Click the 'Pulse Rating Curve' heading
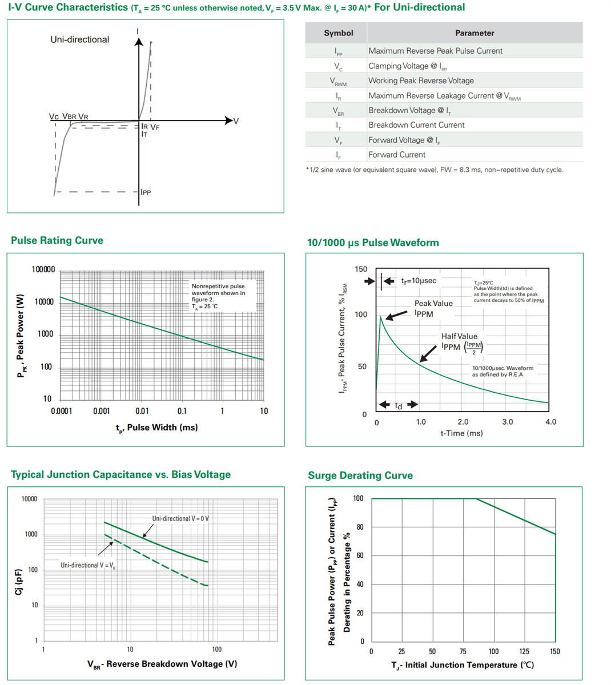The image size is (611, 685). pyautogui.click(x=57, y=240)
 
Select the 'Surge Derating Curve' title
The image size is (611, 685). pyautogui.click(x=360, y=476)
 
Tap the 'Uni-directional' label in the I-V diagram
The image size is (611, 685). pyautogui.click(x=79, y=39)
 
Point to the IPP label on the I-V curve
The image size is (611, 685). pyautogui.click(x=146, y=192)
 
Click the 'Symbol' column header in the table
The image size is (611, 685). pyautogui.click(x=338, y=33)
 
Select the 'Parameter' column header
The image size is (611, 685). pyautogui.click(x=474, y=33)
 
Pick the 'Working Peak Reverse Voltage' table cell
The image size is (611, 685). pyautogui.click(x=421, y=80)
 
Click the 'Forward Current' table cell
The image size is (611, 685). pyautogui.click(x=396, y=155)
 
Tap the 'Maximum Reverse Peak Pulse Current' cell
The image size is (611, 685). pyautogui.click(x=435, y=51)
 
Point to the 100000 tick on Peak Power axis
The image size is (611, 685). pyautogui.click(x=43, y=269)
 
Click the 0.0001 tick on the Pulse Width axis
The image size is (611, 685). pyautogui.click(x=61, y=411)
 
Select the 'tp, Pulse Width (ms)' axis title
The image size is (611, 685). pyautogui.click(x=156, y=428)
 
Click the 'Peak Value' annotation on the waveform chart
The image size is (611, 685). pyautogui.click(x=433, y=303)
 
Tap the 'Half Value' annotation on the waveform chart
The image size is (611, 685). pyautogui.click(x=459, y=336)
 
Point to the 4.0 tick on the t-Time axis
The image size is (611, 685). pyautogui.click(x=550, y=422)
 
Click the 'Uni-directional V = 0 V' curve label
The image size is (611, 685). pyautogui.click(x=180, y=518)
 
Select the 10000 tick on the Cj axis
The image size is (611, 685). pyautogui.click(x=29, y=499)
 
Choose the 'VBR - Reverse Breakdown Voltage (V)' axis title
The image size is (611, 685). pyautogui.click(x=162, y=664)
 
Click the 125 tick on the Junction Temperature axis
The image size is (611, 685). pyautogui.click(x=524, y=651)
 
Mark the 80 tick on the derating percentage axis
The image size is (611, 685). pyautogui.click(x=360, y=527)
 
